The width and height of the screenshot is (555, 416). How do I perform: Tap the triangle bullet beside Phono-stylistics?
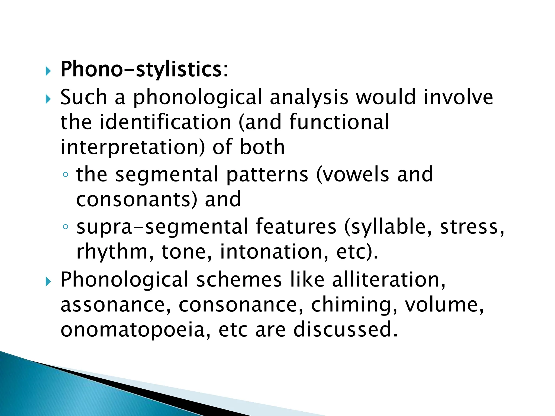point(48,71)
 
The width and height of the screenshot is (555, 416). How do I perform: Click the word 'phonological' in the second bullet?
point(197,97)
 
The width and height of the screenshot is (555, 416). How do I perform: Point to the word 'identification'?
point(165,122)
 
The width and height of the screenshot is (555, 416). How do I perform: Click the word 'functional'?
point(339,122)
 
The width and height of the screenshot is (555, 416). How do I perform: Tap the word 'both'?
point(262,147)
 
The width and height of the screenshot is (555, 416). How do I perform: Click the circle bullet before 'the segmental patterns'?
point(65,175)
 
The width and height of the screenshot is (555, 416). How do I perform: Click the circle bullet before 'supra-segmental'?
point(65,227)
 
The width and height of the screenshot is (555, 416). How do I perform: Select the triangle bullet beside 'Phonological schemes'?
point(48,282)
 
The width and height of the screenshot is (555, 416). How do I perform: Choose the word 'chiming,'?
point(354,305)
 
